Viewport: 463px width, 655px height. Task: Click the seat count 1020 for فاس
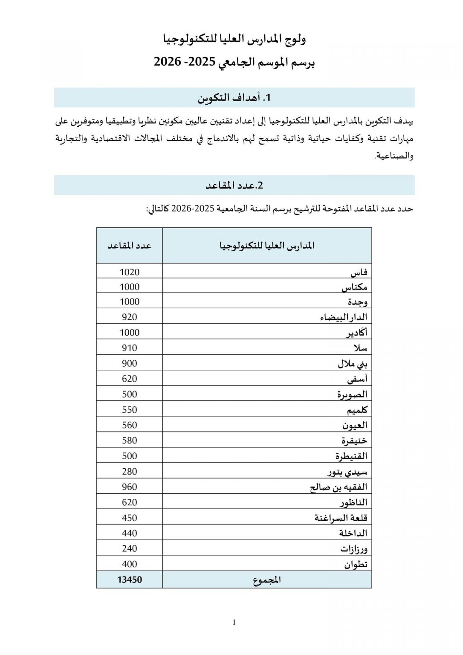pos(129,272)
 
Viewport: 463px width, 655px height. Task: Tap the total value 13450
pos(129,580)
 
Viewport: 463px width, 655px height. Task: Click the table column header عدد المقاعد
pos(129,246)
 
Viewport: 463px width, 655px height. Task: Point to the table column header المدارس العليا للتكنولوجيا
pos(267,246)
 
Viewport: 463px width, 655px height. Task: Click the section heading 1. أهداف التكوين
pos(234,98)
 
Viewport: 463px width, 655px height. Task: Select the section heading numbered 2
pos(234,185)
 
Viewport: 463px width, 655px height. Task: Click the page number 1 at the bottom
pos(234,622)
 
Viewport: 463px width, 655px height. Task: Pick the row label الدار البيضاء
pos(343,318)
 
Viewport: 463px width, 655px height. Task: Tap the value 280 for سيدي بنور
pos(129,472)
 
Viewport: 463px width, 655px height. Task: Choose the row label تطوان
pos(356,565)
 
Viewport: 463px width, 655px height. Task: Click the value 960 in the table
pos(129,487)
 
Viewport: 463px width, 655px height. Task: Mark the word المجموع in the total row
pos(267,580)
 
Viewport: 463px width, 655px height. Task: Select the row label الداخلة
pos(353,533)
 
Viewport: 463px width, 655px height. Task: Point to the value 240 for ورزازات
pos(129,549)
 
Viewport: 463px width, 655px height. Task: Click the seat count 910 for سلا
pos(129,348)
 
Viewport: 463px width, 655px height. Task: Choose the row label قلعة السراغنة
pos(341,518)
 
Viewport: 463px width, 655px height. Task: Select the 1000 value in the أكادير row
pos(129,333)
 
